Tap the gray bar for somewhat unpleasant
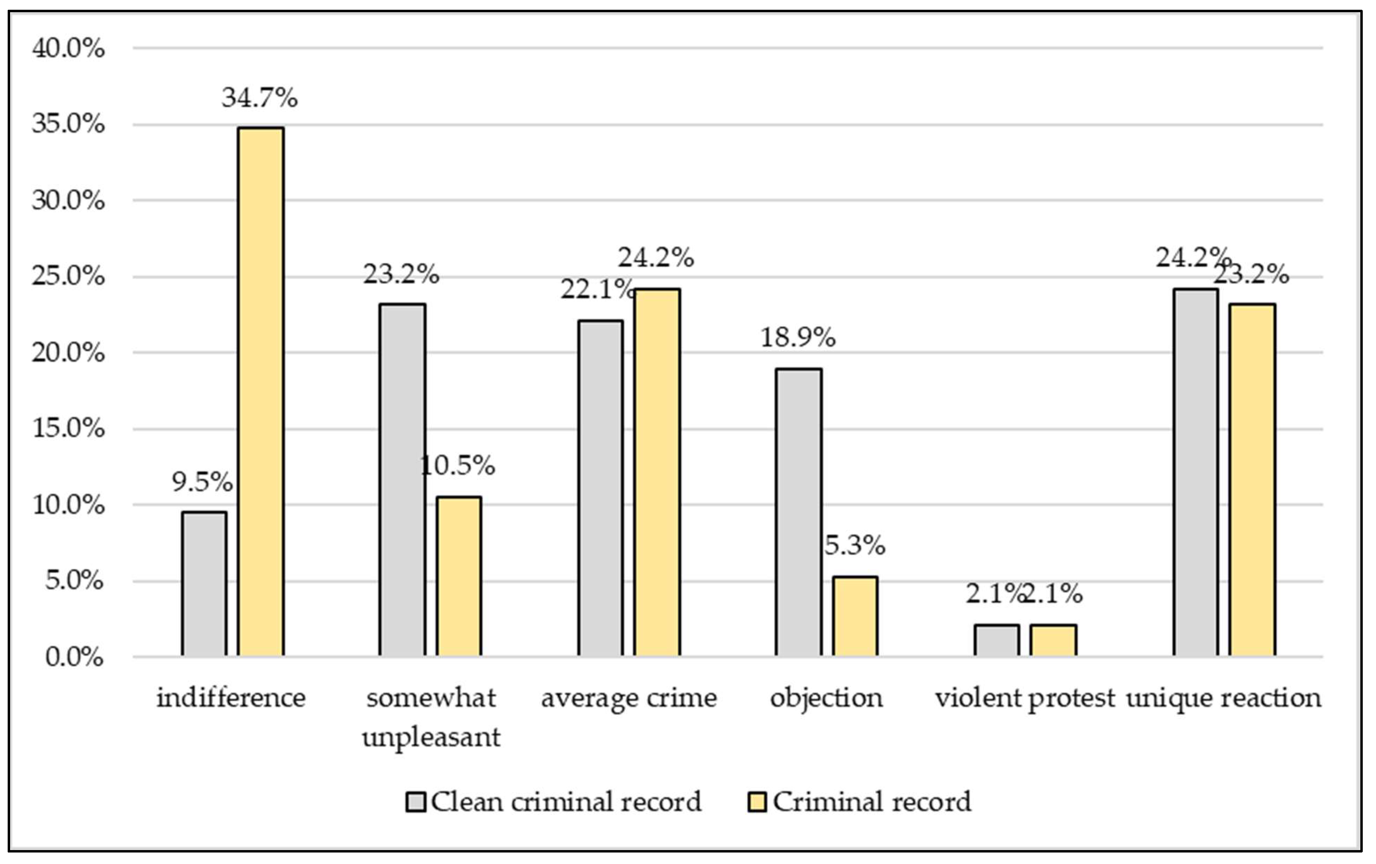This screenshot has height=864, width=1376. [402, 480]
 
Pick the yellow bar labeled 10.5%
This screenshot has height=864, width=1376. [459, 576]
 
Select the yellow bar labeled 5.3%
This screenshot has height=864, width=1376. [855, 616]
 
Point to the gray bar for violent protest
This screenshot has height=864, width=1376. [996, 640]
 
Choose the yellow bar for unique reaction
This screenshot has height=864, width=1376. [1252, 480]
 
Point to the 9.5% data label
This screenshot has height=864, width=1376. [202, 482]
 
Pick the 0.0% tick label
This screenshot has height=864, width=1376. [74, 657]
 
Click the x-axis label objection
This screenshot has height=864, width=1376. [826, 698]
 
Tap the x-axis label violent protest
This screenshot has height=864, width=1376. [1025, 698]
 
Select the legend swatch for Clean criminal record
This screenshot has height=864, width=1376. [415, 802]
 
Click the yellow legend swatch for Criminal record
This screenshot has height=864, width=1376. [757, 802]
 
